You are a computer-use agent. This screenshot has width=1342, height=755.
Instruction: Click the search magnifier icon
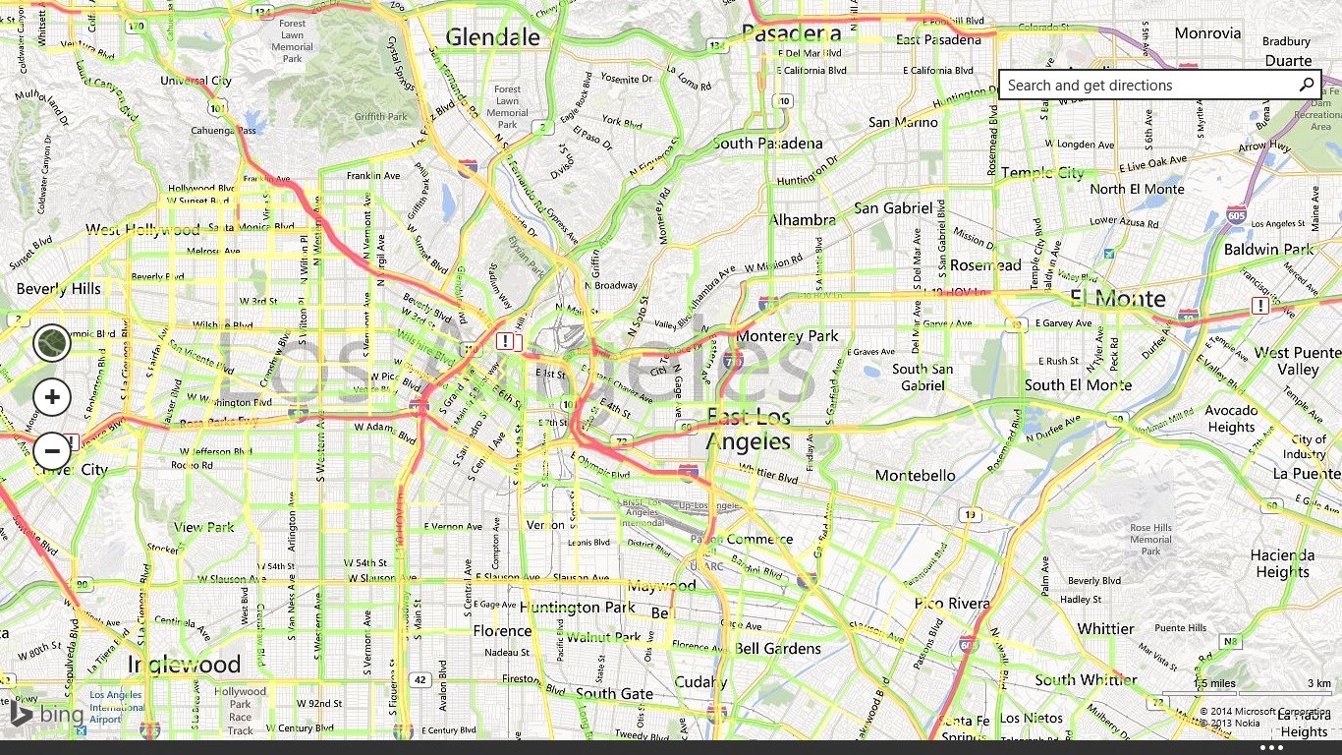coord(1307,86)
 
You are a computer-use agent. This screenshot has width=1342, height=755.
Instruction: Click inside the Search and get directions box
coord(1140,86)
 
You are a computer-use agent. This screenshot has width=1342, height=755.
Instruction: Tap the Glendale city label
coord(492,37)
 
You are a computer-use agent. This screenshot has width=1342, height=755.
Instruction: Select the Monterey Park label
coord(788,336)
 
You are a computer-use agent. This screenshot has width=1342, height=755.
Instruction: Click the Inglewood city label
coord(184,665)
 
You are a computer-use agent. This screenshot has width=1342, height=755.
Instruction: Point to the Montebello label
coord(915,476)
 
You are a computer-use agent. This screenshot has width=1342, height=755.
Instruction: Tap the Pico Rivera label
coord(952,604)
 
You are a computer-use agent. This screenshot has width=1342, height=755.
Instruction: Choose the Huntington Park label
coord(578,608)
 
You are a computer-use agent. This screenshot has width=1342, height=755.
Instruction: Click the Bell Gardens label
coord(777,649)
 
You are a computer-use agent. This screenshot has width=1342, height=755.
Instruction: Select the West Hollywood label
coord(142,230)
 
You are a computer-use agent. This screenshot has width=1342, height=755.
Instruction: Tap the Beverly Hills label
coord(59,289)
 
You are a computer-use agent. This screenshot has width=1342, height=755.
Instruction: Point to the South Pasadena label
coord(767,144)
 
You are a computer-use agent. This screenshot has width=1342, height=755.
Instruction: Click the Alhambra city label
coord(802,220)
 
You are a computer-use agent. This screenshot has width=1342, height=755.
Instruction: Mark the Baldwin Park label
coord(1268,250)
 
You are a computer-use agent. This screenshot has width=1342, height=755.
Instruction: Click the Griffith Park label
coord(380,117)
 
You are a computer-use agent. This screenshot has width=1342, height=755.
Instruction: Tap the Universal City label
coord(196,82)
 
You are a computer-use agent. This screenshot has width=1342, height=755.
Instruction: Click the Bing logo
coord(47,714)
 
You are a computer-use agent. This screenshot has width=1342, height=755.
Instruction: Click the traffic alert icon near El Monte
coord(1259,307)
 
